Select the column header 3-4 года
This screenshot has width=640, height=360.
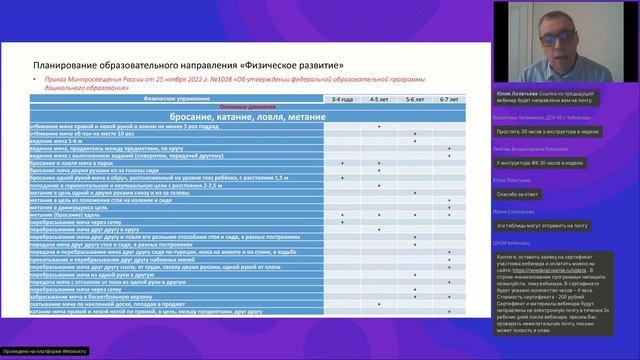[x=343, y=100]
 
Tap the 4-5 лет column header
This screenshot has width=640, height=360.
[x=379, y=100]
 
